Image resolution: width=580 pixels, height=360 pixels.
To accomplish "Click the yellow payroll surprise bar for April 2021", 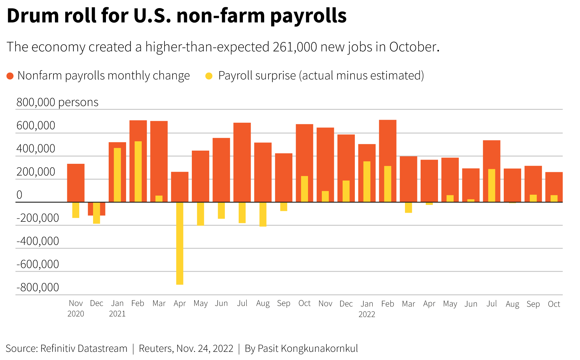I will click(180, 243).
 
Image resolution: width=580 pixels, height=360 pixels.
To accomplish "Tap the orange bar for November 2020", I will click(76, 183).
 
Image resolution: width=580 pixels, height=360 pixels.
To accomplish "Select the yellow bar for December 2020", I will click(96, 213).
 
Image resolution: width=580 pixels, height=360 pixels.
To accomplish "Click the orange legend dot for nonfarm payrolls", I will click(10, 76).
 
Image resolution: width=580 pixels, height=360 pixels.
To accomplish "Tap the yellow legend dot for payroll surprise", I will click(209, 76).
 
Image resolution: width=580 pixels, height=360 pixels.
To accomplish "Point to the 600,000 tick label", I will click(36, 125).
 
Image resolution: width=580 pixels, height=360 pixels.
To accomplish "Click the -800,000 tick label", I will click(38, 287).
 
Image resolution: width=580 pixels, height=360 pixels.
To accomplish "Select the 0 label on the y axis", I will click(19, 195).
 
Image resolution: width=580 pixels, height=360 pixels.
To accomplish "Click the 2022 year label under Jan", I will click(367, 314).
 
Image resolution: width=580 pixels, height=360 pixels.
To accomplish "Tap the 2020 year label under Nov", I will click(76, 314).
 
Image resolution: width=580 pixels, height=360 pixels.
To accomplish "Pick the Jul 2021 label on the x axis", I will click(242, 303).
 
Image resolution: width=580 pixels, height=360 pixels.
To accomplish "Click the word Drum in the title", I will click(33, 16).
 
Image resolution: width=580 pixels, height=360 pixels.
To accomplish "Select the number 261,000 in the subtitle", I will click(295, 47).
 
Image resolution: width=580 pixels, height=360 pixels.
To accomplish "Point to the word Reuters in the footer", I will click(156, 349).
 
